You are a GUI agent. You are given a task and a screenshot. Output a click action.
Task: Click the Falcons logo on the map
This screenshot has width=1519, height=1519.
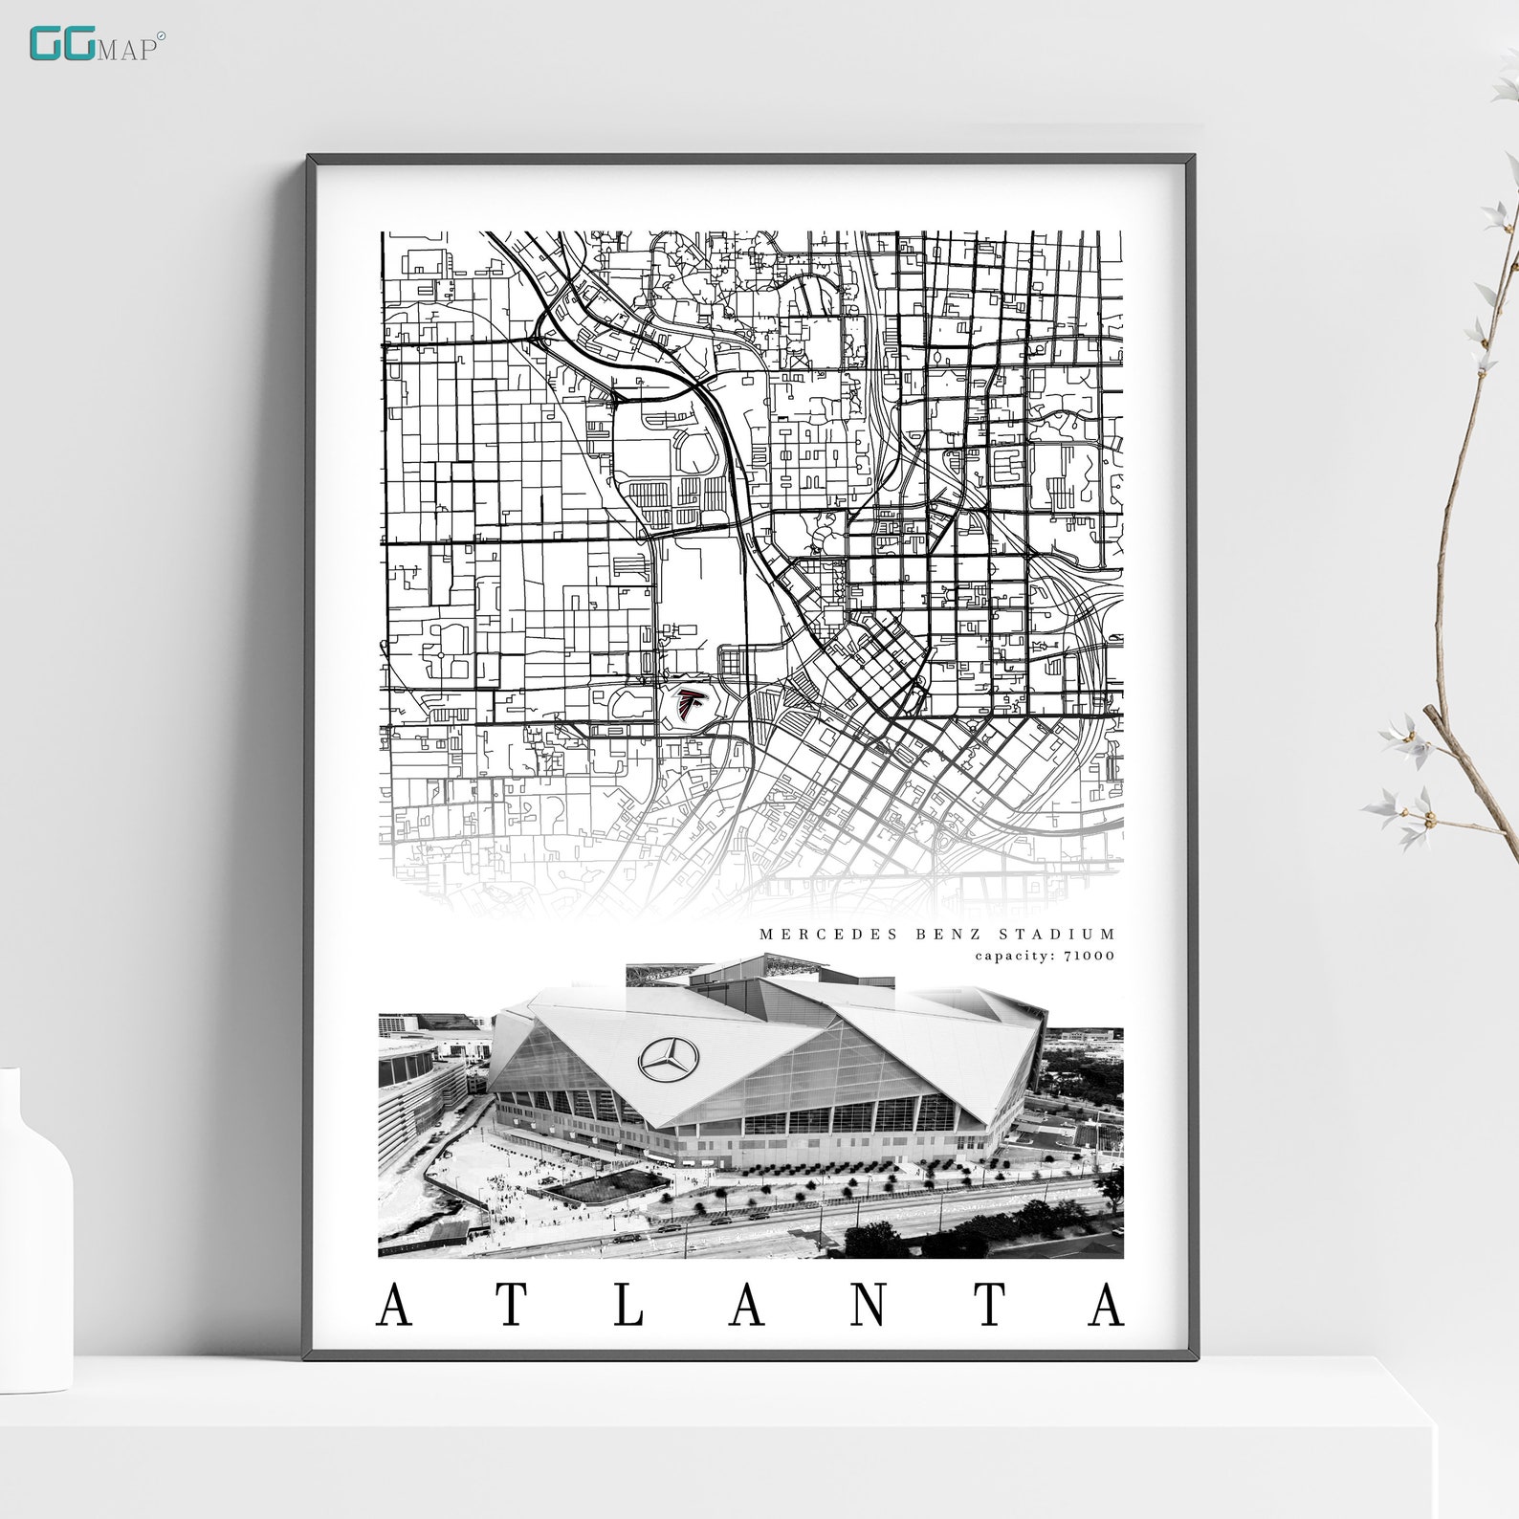tap(686, 705)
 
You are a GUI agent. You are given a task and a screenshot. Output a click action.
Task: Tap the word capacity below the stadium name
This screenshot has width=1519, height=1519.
tap(1010, 955)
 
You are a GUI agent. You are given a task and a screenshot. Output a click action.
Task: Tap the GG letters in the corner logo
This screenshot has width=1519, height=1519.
tap(61, 45)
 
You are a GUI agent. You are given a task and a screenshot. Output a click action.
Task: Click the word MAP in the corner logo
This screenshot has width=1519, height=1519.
tap(126, 50)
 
